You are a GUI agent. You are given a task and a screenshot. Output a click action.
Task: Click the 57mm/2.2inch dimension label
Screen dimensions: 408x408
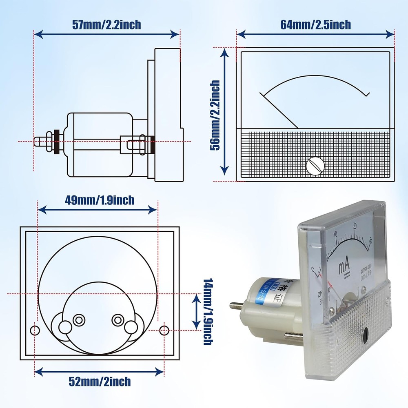[x=106, y=24]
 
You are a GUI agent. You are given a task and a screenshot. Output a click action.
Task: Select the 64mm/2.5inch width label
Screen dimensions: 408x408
[x=315, y=24]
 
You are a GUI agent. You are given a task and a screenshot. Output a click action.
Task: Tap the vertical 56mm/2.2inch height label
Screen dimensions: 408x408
[x=215, y=115]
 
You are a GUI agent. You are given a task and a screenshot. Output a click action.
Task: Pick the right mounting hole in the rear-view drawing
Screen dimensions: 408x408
[x=164, y=330]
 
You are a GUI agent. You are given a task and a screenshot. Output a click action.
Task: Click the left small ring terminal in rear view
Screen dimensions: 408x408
[x=78, y=319]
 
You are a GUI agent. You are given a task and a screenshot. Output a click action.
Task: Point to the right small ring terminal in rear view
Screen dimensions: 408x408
[x=118, y=319]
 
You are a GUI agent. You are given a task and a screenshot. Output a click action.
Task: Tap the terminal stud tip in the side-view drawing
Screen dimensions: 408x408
[x=38, y=142]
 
